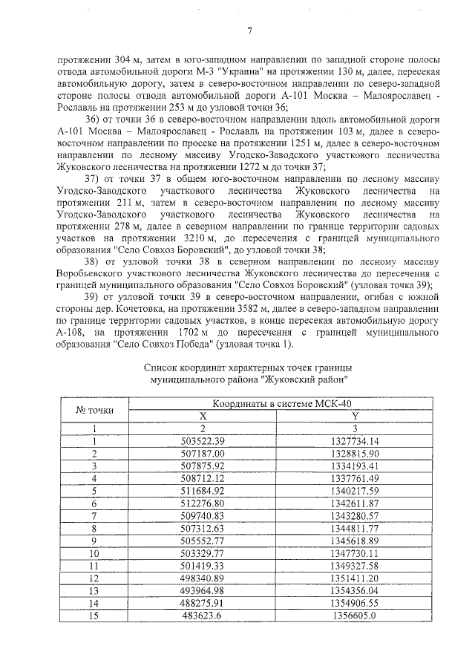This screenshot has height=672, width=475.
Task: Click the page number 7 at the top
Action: (x=250, y=30)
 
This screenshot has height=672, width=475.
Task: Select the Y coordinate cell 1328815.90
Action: (x=355, y=452)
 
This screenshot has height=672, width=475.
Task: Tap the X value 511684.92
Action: (x=203, y=490)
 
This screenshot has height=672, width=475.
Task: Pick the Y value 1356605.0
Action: (x=355, y=616)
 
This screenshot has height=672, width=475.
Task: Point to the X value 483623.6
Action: (x=203, y=616)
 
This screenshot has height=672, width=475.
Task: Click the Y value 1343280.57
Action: (x=355, y=515)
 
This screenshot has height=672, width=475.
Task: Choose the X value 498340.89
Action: (x=203, y=578)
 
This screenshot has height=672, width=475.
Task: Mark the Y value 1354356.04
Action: (x=355, y=590)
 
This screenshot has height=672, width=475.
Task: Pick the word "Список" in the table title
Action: (x=160, y=368)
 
